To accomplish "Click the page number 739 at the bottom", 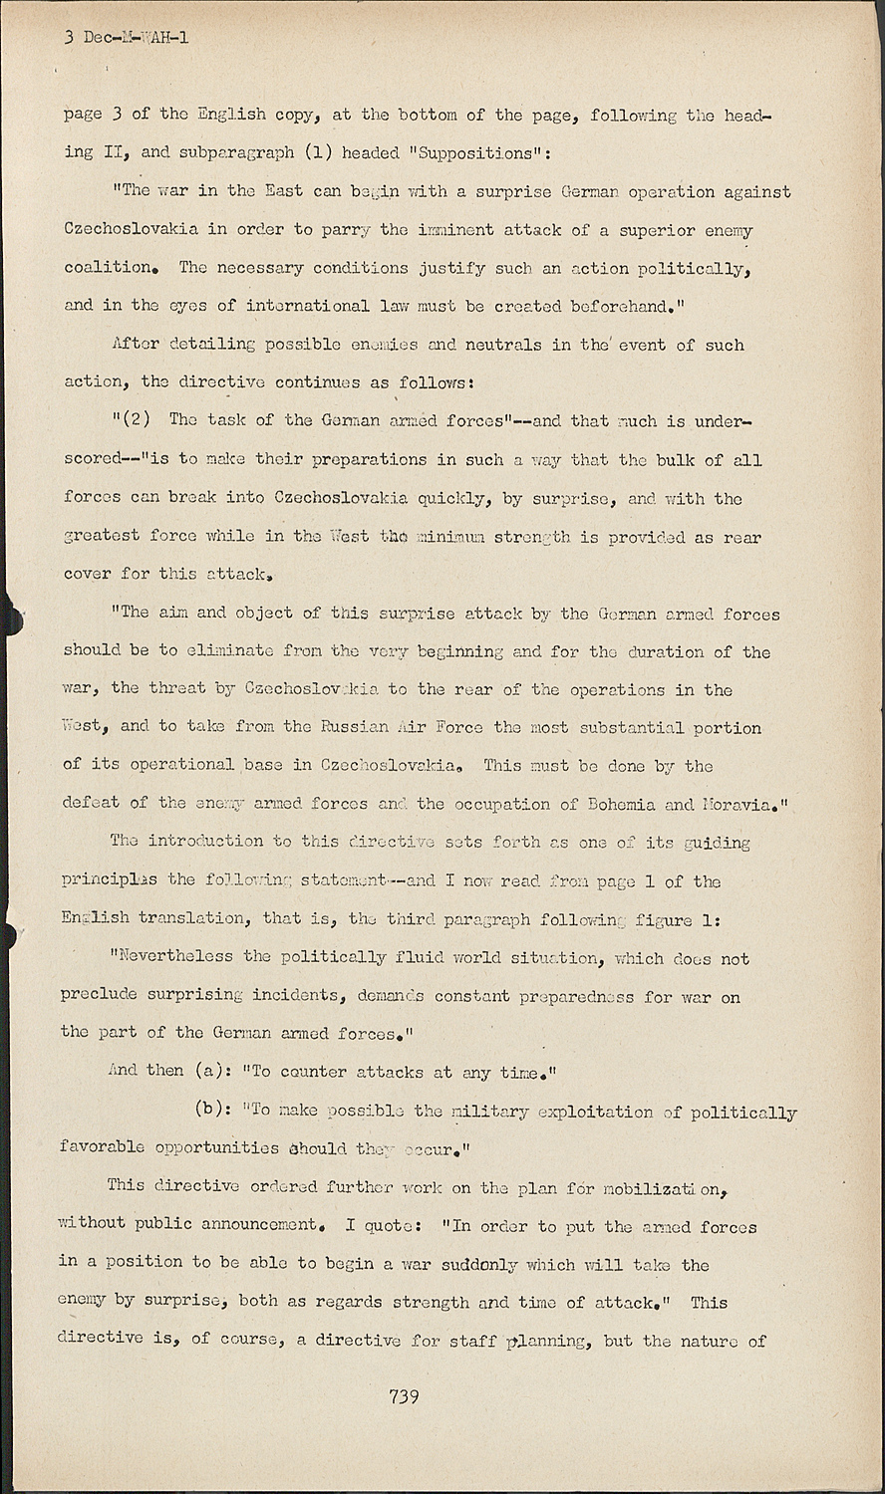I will (404, 1396).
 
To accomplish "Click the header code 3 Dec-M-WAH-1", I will (126, 39).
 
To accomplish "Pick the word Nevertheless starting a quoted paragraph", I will (177, 957).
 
